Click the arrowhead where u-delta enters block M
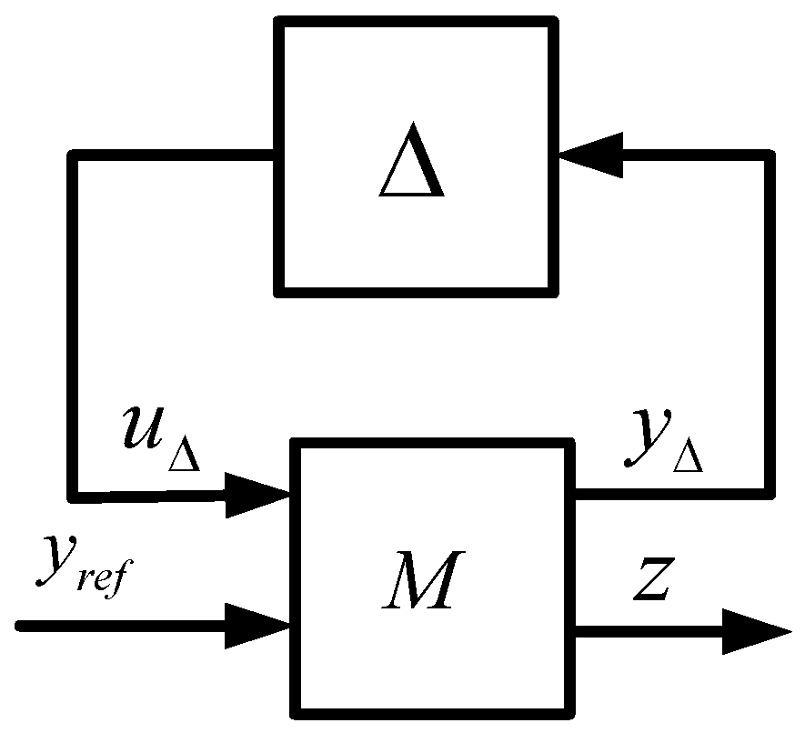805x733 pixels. (257, 495)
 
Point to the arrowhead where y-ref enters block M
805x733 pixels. (257, 627)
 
